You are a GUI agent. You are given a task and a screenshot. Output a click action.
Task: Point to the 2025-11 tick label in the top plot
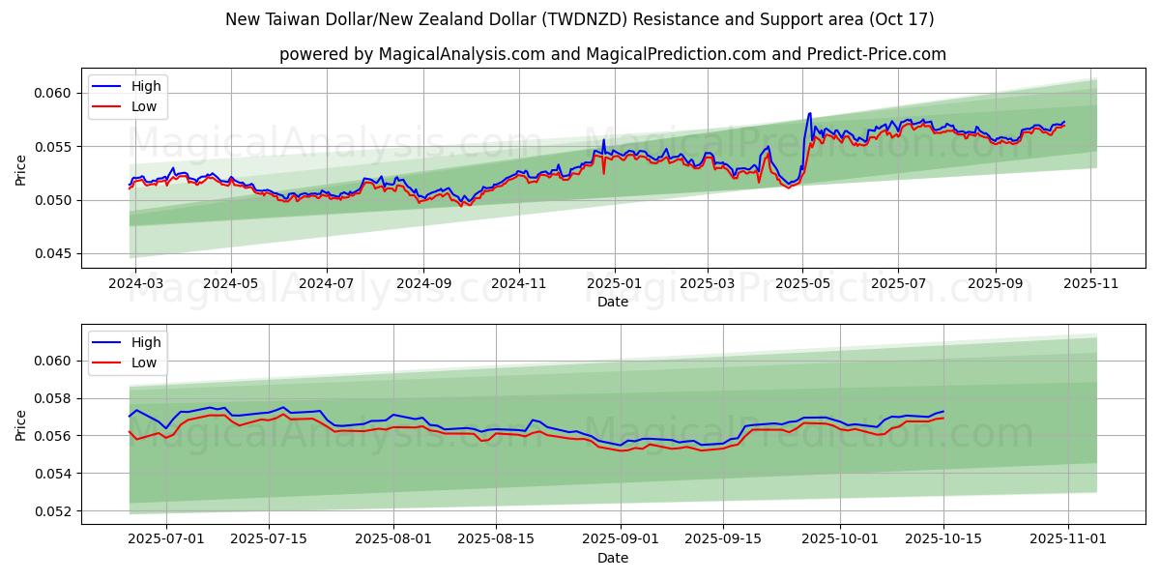coord(1090,284)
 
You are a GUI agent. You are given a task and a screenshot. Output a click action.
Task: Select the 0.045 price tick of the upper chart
coord(56,254)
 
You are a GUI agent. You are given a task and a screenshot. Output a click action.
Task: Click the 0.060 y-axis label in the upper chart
coord(56,93)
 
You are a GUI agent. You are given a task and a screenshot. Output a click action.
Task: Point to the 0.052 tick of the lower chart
coord(56,511)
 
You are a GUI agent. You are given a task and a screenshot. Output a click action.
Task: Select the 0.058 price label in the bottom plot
coord(56,398)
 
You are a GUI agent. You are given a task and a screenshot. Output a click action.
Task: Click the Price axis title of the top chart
coord(21,169)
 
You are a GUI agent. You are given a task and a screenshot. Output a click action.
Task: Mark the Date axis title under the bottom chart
coord(613,558)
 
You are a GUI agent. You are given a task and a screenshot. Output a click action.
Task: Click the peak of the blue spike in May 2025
coord(810,113)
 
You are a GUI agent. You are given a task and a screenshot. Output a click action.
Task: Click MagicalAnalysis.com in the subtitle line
coord(464,54)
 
